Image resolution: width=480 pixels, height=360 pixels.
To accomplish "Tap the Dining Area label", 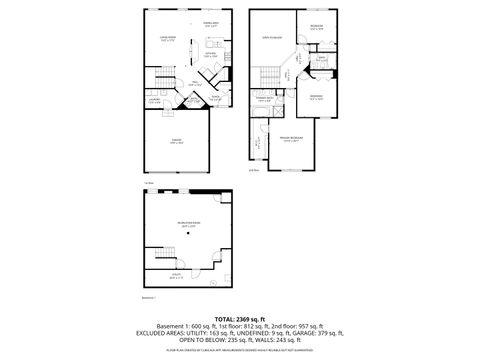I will (x=211, y=23).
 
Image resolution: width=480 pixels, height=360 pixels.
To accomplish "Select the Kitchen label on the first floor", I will (x=211, y=55).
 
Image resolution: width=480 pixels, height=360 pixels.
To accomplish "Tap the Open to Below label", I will (x=268, y=39).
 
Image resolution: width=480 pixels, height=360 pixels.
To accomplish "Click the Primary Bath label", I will (x=264, y=99).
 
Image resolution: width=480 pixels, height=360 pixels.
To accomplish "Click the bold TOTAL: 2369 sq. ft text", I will (x=240, y=318).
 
